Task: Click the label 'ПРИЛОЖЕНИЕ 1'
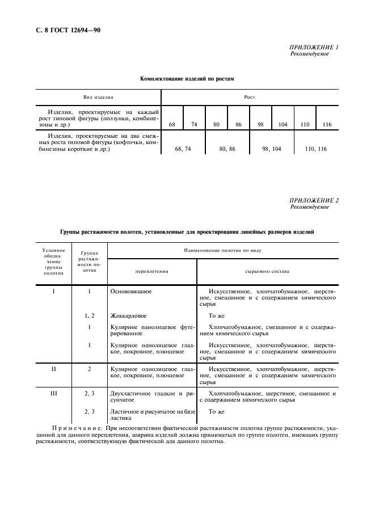point(314,47)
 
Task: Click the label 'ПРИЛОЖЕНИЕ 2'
point(314,200)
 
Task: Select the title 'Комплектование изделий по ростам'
point(187,79)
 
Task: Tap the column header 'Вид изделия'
point(99,98)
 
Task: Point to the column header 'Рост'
point(249,98)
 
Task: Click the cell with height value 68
point(172,124)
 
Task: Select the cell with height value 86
point(238,124)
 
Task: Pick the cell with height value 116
point(326,124)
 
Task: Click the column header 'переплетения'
point(152,271)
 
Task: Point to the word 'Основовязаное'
point(131,290)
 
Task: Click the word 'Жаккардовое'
point(129,315)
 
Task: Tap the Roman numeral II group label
point(54,369)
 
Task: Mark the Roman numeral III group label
point(54,393)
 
